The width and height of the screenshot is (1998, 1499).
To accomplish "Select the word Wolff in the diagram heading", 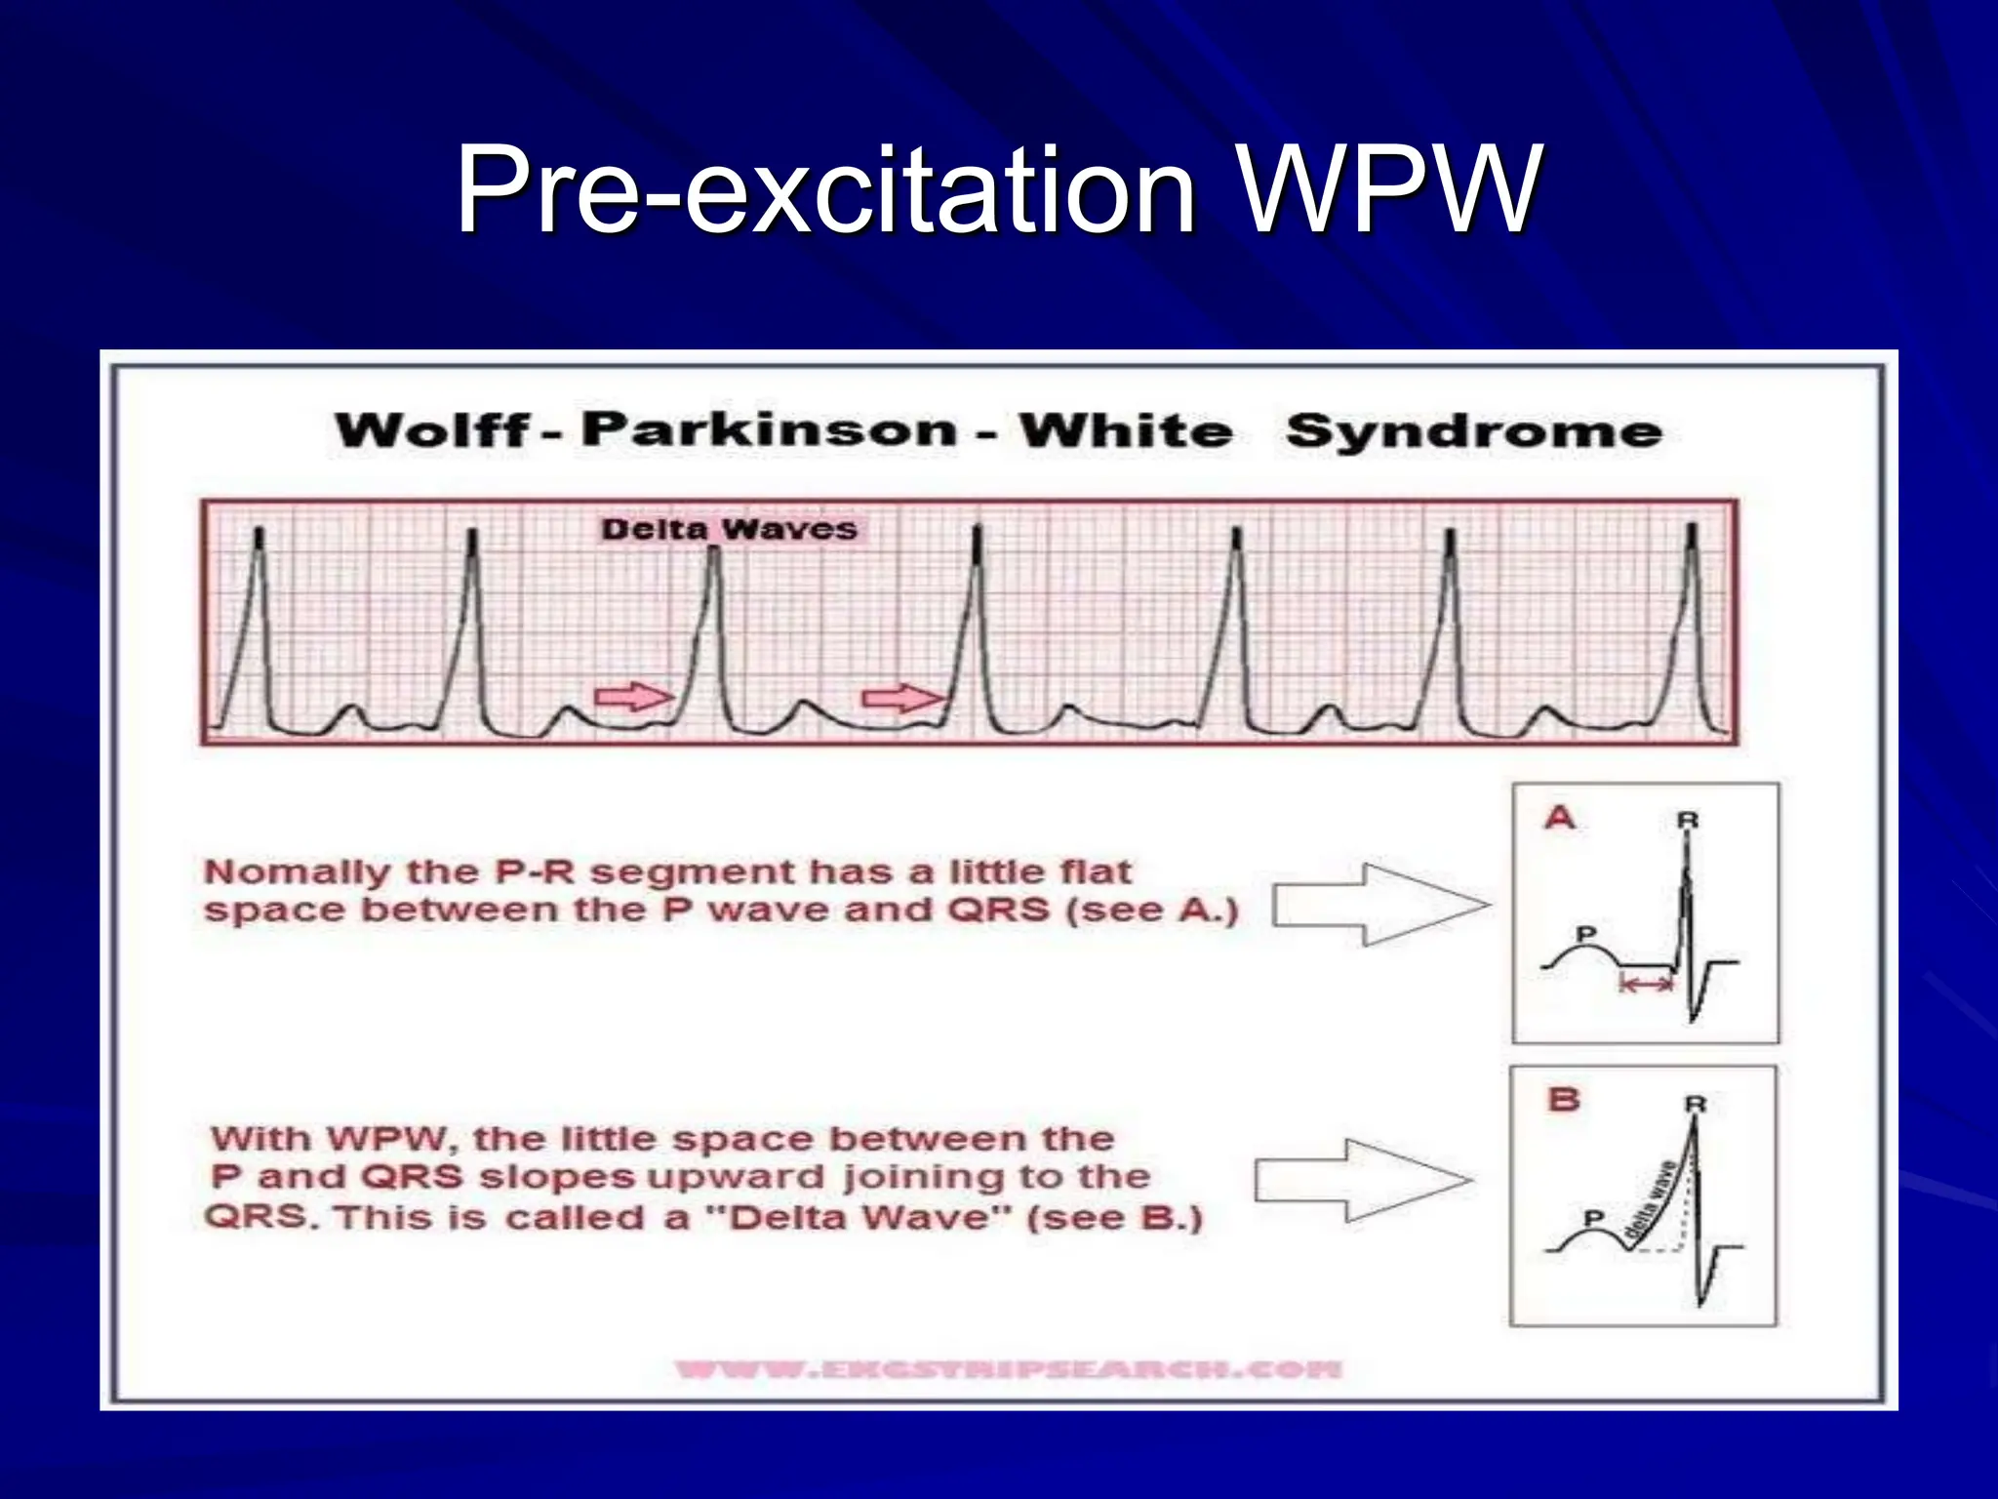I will pyautogui.click(x=432, y=430).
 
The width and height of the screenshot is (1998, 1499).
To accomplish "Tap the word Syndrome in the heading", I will pyautogui.click(x=1473, y=430).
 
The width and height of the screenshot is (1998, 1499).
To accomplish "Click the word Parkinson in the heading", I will pyautogui.click(x=769, y=429).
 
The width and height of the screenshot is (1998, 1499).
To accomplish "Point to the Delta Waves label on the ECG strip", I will pyautogui.click(x=729, y=530).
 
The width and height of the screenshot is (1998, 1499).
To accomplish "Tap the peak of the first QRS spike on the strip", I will pyautogui.click(x=260, y=537).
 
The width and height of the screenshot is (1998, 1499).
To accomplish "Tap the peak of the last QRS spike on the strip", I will pyautogui.click(x=1693, y=534).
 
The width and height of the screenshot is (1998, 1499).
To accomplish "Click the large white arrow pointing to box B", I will pyautogui.click(x=1362, y=1181).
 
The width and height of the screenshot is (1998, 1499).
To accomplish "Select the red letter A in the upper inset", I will pyautogui.click(x=1560, y=817).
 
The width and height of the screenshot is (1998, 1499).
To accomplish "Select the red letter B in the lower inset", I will pyautogui.click(x=1564, y=1100).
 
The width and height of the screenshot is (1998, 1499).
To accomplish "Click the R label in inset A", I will pyautogui.click(x=1688, y=821).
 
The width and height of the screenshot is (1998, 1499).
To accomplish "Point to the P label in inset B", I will pyautogui.click(x=1593, y=1218).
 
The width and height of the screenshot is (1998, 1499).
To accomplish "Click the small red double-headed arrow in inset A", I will pyautogui.click(x=1646, y=986).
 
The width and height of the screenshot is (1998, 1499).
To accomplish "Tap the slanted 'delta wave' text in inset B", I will pyautogui.click(x=1652, y=1199).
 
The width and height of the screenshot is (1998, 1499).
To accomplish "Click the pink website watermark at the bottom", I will pyautogui.click(x=1008, y=1369).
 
